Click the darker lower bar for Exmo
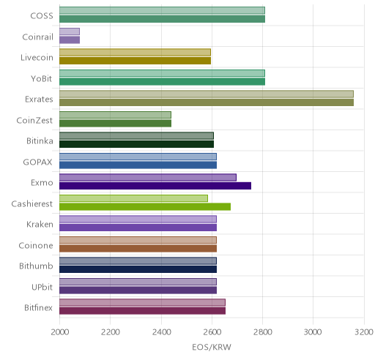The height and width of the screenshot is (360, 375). point(155,186)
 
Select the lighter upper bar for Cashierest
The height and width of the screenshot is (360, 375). point(133,198)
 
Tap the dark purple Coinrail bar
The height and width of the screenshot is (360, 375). point(70,40)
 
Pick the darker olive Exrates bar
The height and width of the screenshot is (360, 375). point(207,102)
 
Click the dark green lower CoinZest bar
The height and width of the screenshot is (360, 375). point(115,124)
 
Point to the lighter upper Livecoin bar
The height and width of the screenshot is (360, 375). point(135,52)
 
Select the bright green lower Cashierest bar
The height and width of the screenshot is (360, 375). point(145,207)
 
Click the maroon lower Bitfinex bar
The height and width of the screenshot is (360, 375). point(142,311)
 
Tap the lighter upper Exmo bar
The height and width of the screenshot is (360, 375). point(148,177)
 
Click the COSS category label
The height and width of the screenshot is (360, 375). point(42,16)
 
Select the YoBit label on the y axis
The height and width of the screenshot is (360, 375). point(42,79)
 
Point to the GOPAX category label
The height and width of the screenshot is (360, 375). point(37,162)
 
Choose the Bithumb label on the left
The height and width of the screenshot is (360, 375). point(36,266)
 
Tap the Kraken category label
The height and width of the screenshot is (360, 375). point(40,225)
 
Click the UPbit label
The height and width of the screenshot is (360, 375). point(42,287)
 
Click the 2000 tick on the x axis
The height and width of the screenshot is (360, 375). point(60,332)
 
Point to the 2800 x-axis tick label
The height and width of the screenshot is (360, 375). point(262,332)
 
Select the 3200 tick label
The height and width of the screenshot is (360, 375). point(364,332)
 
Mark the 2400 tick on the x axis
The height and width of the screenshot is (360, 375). point(161,332)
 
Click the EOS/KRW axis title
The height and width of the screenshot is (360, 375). point(212,347)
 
